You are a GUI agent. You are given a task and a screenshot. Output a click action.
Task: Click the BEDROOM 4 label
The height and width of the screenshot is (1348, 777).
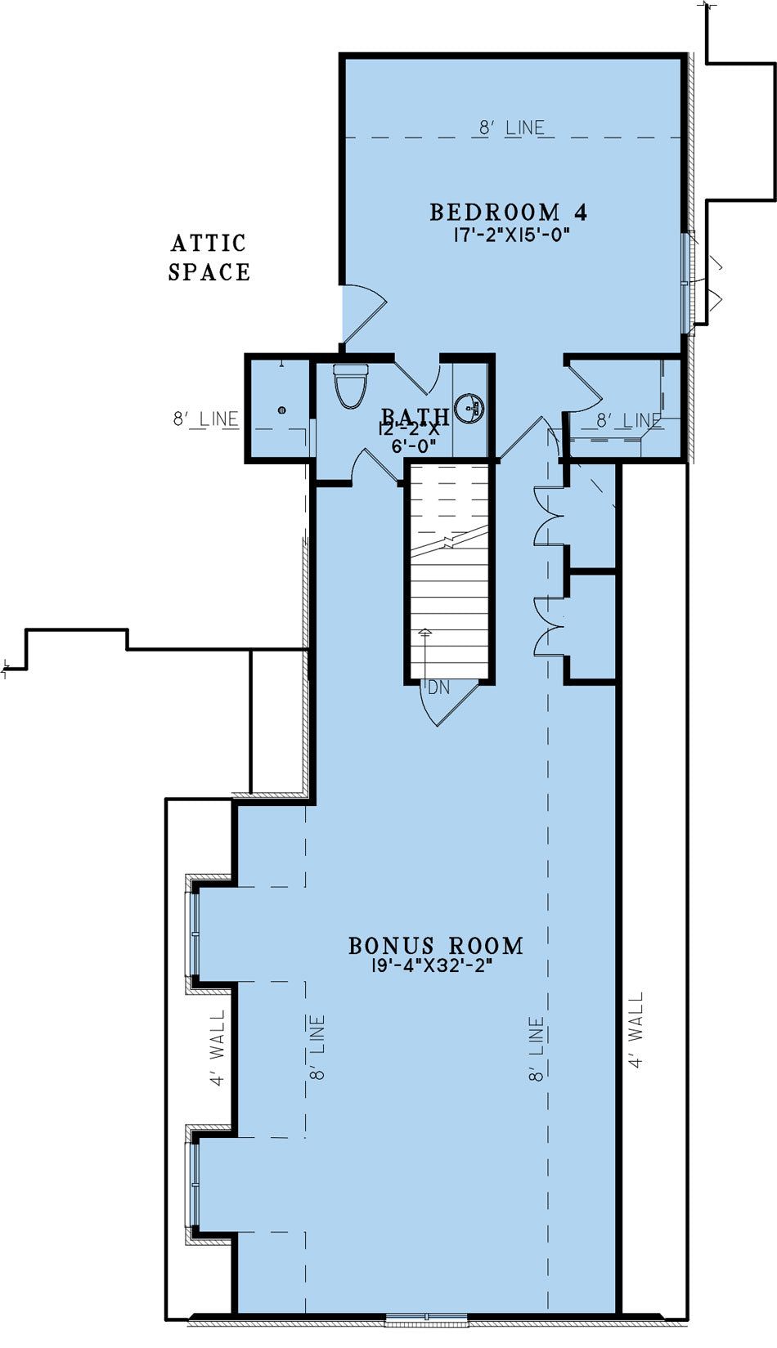click(x=508, y=213)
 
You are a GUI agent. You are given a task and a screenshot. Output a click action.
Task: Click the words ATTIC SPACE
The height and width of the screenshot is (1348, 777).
click(x=209, y=257)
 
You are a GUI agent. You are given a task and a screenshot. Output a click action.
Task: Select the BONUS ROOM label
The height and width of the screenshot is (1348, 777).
click(x=436, y=946)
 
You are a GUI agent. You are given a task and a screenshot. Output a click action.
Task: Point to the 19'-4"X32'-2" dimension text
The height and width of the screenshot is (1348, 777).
click(x=433, y=965)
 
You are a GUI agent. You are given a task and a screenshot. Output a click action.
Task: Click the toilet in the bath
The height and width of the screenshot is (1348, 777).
click(x=351, y=385)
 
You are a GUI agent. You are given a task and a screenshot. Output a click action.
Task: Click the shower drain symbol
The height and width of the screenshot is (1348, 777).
click(x=281, y=410)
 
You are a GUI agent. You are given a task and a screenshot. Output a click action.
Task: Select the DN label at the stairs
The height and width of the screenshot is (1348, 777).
click(x=439, y=687)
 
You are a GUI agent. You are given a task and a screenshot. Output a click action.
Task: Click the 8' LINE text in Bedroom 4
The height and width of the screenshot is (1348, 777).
click(x=511, y=128)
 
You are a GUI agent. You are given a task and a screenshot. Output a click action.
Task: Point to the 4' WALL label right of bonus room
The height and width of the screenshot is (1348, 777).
click(x=636, y=1030)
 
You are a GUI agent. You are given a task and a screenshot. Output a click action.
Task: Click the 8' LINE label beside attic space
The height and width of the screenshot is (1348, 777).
click(x=206, y=419)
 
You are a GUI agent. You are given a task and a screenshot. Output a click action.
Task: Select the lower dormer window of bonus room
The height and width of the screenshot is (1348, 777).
click(x=195, y=1183)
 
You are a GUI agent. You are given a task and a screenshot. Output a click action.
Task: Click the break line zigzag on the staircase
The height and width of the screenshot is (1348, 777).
click(x=448, y=542)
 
